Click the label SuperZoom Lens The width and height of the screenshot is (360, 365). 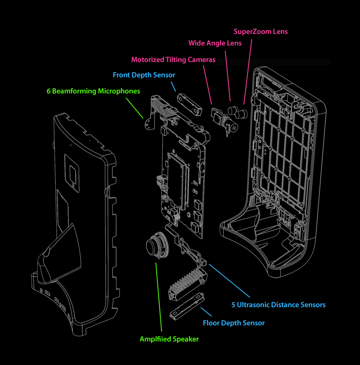pos(260,31)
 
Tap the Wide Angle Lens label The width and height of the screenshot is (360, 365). pos(215,43)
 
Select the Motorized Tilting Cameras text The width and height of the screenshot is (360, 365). pos(173,60)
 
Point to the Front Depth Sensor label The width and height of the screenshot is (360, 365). pos(144,75)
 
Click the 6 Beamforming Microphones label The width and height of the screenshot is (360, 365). pos(93,91)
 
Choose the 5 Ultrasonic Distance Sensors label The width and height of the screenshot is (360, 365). pos(278,305)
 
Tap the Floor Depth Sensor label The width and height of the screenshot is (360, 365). pos(234,323)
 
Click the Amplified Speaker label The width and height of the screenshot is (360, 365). pos(169,339)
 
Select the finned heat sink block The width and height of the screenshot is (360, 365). pos(186,283)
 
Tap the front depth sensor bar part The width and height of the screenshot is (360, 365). pos(190,105)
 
